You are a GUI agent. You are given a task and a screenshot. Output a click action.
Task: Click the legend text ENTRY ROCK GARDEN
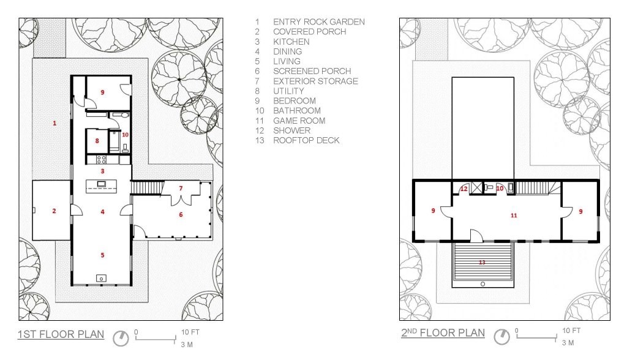(318, 21)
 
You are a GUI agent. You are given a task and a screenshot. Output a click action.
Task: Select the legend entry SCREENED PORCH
(312, 71)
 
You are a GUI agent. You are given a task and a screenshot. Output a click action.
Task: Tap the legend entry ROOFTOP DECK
(306, 140)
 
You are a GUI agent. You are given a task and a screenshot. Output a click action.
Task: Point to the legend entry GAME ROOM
(299, 121)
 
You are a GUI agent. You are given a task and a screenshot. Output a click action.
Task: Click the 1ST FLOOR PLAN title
(61, 334)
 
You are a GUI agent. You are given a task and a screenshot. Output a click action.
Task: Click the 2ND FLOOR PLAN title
(443, 333)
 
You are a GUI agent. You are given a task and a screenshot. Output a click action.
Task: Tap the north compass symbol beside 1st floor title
(121, 339)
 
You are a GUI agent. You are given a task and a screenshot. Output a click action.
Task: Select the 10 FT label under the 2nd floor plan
(571, 331)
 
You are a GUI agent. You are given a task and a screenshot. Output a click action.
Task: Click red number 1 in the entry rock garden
(54, 123)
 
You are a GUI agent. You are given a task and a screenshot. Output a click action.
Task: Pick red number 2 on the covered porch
(54, 211)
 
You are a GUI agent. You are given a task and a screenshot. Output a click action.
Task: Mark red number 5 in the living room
(102, 255)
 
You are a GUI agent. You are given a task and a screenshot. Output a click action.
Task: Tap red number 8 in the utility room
(97, 141)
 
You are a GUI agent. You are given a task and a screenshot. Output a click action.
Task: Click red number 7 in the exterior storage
(181, 188)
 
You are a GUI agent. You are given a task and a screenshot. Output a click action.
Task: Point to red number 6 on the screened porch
(181, 215)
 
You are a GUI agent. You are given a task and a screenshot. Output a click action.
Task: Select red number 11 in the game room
(514, 215)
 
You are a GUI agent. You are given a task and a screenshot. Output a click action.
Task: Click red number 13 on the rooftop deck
(482, 263)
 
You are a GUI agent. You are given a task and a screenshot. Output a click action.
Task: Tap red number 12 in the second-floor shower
(464, 189)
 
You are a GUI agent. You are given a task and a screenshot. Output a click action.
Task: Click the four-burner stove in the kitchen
(101, 160)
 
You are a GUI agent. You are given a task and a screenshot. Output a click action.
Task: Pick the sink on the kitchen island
(102, 184)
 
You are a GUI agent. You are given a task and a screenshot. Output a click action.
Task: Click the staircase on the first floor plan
(147, 188)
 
